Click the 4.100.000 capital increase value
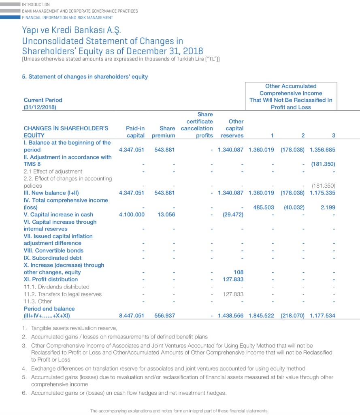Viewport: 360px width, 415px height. click(x=132, y=214)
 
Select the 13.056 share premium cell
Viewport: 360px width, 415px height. click(x=167, y=214)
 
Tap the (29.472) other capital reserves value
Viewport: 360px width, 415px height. click(x=233, y=214)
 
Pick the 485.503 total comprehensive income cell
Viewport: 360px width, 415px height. click(x=264, y=207)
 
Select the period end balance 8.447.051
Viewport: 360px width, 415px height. click(x=132, y=315)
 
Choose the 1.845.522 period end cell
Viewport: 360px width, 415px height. click(x=261, y=315)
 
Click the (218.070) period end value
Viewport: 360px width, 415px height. click(x=292, y=315)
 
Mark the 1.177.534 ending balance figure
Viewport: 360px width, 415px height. click(x=322, y=315)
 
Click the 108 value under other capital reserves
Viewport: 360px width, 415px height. click(x=239, y=272)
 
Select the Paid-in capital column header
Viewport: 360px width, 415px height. click(x=135, y=132)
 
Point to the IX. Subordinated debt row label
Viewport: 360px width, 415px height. click(x=53, y=258)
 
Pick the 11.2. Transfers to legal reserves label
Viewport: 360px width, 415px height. click(x=63, y=294)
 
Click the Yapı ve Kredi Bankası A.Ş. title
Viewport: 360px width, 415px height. click(x=71, y=30)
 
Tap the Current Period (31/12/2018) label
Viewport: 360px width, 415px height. click(x=43, y=103)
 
